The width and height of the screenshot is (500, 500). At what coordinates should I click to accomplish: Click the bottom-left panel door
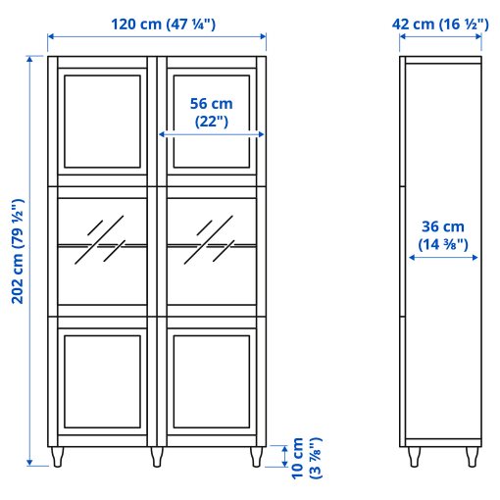click(102, 381)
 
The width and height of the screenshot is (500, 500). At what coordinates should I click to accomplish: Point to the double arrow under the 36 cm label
click(443, 259)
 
